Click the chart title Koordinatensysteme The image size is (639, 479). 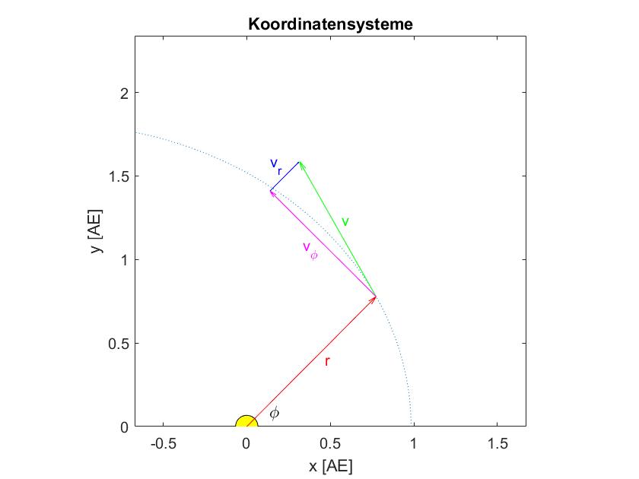click(x=330, y=24)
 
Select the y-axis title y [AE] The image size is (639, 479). click(x=97, y=231)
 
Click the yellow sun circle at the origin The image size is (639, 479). click(x=246, y=423)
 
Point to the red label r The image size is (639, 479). click(x=327, y=362)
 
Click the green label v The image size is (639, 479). click(x=345, y=222)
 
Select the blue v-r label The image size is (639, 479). click(x=276, y=165)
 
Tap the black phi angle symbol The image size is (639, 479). click(x=275, y=414)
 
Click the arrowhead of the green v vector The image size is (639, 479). click(x=300, y=163)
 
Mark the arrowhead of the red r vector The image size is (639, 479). click(x=374, y=298)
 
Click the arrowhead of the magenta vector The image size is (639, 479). click(x=272, y=192)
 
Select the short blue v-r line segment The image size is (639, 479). click(x=285, y=176)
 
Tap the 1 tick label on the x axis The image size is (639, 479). click(x=414, y=443)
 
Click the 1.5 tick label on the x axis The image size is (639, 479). click(x=498, y=443)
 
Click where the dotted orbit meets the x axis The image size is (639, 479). click(x=412, y=425)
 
